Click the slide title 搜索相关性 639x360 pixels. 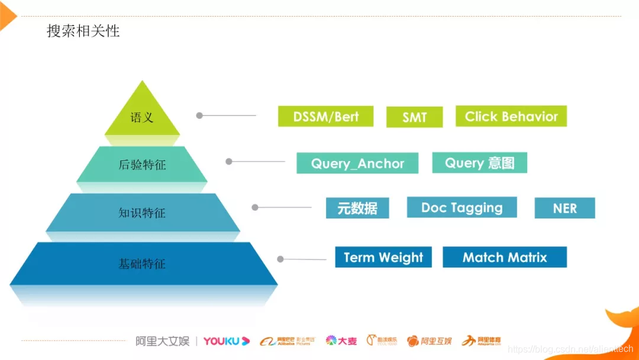(83, 31)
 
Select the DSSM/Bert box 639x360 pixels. (325, 117)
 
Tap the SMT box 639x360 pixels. (414, 117)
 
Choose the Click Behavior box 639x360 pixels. (511, 117)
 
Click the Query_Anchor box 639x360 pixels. (357, 163)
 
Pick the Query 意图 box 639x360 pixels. (479, 163)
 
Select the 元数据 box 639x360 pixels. (357, 208)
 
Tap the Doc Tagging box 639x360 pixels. (461, 208)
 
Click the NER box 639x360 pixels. (564, 208)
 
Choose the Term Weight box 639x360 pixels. (383, 258)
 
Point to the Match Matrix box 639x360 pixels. (505, 258)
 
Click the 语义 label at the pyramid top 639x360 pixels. (142, 117)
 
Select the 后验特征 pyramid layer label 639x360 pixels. (142, 165)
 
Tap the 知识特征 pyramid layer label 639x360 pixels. (142, 213)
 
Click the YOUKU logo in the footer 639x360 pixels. (226, 341)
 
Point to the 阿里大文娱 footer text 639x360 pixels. (162, 341)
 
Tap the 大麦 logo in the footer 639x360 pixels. (341, 341)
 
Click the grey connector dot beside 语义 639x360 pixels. (199, 115)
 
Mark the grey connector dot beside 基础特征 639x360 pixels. (280, 259)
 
